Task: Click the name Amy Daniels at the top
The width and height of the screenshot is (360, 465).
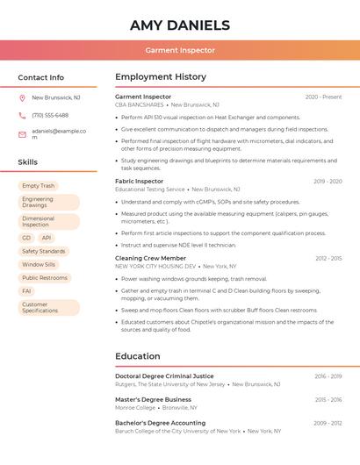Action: pos(179,25)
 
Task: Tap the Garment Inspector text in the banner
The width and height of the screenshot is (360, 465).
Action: pos(179,51)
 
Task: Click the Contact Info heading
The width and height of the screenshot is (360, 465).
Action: pos(41,77)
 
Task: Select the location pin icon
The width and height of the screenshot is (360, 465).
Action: pos(22,97)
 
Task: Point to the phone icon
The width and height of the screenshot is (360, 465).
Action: pos(22,115)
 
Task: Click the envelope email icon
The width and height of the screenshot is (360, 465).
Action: pos(22,133)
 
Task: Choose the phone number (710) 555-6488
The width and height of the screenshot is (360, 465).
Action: pos(50,115)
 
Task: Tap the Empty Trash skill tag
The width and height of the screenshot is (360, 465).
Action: pos(38,186)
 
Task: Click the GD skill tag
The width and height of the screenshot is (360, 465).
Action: pos(26,238)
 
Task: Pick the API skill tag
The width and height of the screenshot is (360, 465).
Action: pos(47,238)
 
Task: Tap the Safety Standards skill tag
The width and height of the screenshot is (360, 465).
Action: pos(44,251)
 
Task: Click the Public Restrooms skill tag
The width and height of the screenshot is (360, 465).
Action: pos(45,277)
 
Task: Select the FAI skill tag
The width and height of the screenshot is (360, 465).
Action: pos(27,290)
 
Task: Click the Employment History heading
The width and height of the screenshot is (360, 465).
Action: pos(161,77)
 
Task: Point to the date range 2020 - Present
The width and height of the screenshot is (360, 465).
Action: pos(323,97)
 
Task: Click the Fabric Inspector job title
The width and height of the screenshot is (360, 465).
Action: pos(139,181)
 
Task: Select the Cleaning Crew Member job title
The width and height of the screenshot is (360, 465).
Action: pos(150,258)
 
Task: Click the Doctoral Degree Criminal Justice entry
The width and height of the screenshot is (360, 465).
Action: pos(164,376)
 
